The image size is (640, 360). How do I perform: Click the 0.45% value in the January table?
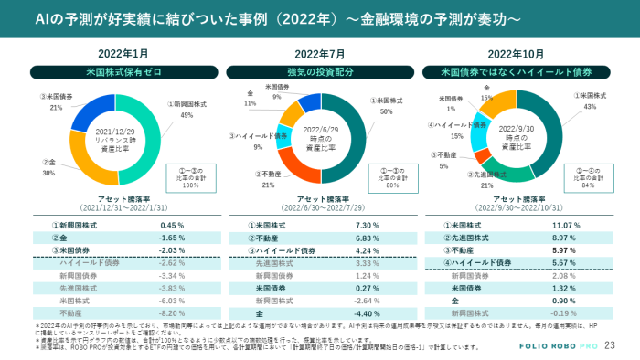pyautogui.click(x=173, y=225)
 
